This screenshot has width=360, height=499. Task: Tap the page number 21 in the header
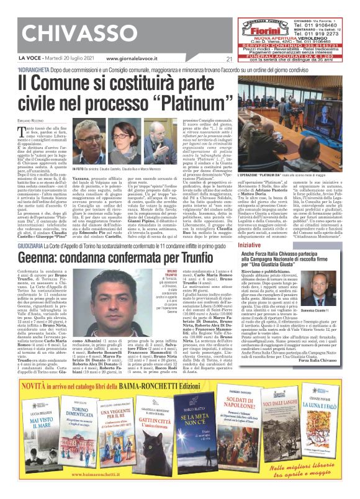pos(212,59)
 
